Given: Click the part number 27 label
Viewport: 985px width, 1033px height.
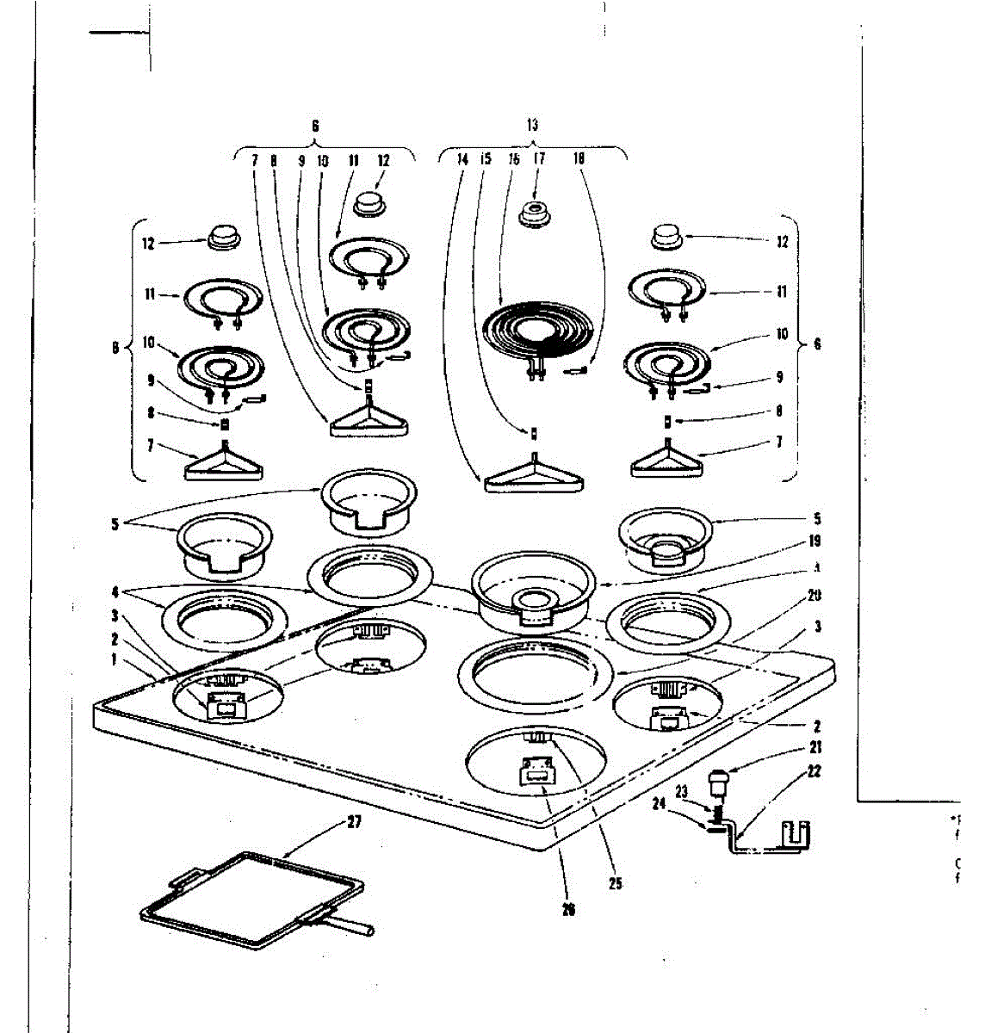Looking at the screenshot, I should [x=353, y=821].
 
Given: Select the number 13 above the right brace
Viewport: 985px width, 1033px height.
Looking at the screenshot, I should [x=533, y=125].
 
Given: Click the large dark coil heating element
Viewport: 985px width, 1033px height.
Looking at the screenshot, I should [x=537, y=331].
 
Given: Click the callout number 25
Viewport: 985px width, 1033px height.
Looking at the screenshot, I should [x=614, y=882].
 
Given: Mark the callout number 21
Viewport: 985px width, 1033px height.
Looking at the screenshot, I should [x=815, y=747].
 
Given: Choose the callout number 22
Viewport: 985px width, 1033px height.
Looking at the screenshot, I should [x=815, y=771].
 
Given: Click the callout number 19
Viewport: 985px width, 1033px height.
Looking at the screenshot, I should [x=815, y=541].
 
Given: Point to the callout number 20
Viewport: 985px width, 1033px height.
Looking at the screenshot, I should [x=815, y=596].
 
